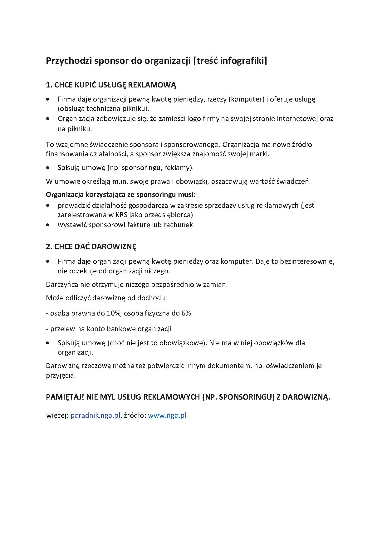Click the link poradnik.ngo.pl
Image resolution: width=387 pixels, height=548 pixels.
(95, 416)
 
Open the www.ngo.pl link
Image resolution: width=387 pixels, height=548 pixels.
(167, 416)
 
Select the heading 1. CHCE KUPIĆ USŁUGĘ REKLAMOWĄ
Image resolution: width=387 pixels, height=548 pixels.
(111, 85)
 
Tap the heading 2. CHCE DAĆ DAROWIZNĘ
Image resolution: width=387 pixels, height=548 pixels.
(91, 247)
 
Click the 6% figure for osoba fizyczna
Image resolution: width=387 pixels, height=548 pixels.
(186, 313)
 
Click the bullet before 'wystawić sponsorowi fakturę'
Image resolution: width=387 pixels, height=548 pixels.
(47, 225)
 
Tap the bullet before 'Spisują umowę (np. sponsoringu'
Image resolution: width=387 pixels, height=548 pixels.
(47, 168)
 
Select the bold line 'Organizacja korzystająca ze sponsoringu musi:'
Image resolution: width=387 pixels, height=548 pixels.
(120, 195)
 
